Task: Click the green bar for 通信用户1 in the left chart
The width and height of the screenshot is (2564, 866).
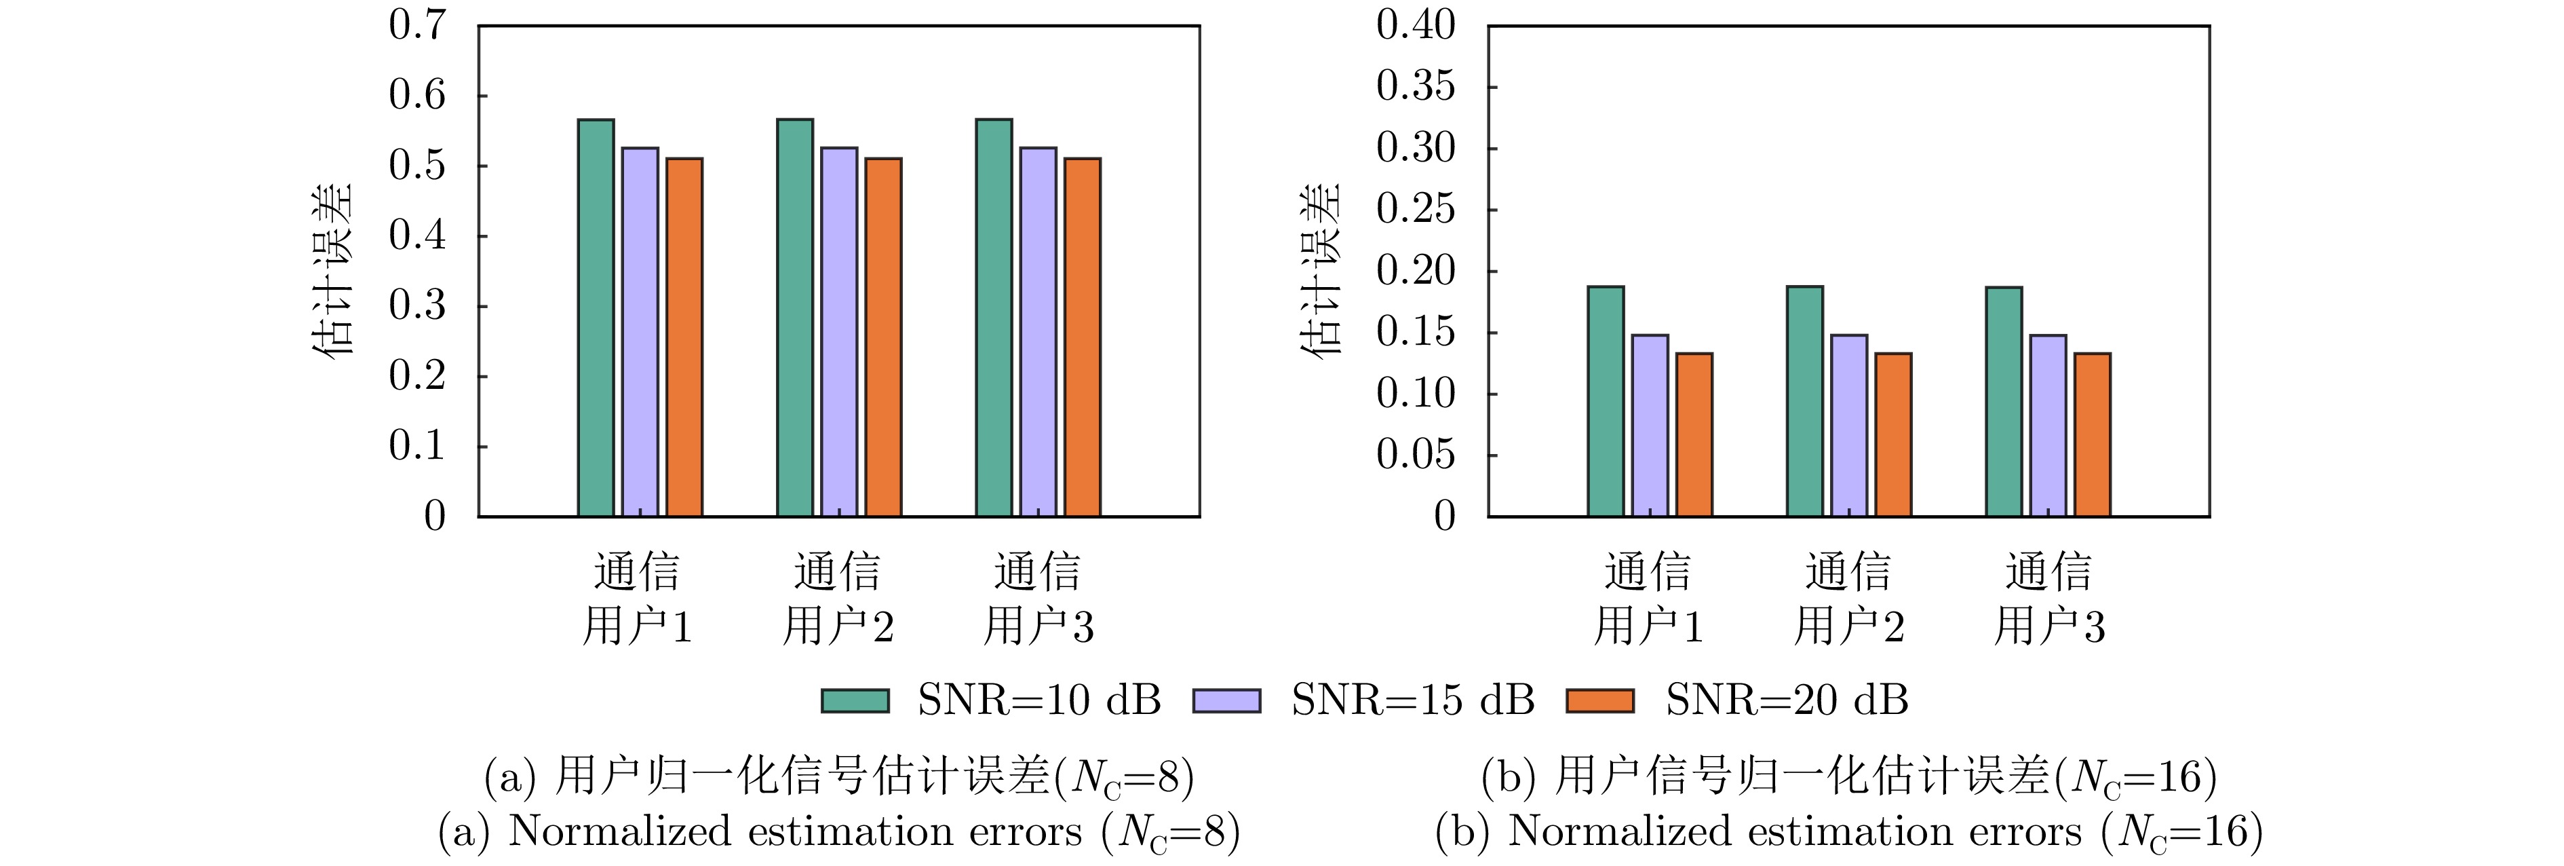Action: (596, 318)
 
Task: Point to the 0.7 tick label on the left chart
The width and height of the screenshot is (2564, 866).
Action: (417, 26)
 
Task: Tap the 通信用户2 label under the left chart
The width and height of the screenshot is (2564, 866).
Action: (838, 599)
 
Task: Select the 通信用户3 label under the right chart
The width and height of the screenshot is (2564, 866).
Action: (2048, 599)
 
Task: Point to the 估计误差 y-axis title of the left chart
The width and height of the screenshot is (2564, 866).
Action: (334, 271)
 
